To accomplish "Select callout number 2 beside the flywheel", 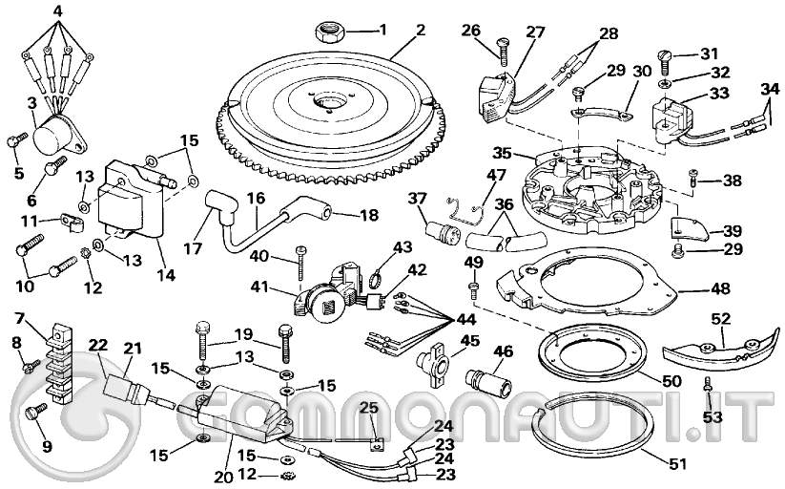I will tap(421, 30).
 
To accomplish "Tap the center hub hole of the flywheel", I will tap(331, 99).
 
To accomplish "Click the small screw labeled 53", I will tap(707, 386).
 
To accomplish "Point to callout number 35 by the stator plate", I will tap(503, 153).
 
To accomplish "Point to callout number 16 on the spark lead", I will tap(256, 198).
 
